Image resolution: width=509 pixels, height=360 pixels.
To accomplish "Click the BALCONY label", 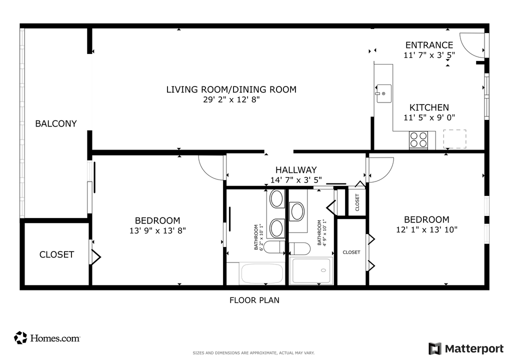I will (x=55, y=123).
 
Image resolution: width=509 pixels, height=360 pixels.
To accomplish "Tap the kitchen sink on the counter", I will (x=384, y=93).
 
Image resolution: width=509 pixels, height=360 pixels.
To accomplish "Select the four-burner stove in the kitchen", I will (x=418, y=139).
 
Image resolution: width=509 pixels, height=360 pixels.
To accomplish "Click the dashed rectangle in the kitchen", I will (x=454, y=139).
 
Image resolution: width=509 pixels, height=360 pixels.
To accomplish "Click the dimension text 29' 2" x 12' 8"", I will (x=231, y=99).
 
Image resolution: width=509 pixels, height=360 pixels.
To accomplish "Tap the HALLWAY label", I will (x=296, y=170).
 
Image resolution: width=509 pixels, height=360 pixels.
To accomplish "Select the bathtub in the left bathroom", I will (x=261, y=273).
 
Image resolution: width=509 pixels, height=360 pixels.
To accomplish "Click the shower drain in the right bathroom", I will (x=323, y=270).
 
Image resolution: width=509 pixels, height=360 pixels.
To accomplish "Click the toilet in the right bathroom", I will (x=300, y=247).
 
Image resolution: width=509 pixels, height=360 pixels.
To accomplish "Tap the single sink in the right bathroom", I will (x=297, y=211).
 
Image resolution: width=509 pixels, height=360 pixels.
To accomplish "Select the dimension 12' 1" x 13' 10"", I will (x=426, y=229).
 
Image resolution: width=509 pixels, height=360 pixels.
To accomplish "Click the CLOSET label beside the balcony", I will (x=56, y=254).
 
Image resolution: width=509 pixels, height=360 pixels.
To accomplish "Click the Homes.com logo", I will (x=47, y=338).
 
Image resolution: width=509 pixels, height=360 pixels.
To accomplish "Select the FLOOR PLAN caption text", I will (x=254, y=300).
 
